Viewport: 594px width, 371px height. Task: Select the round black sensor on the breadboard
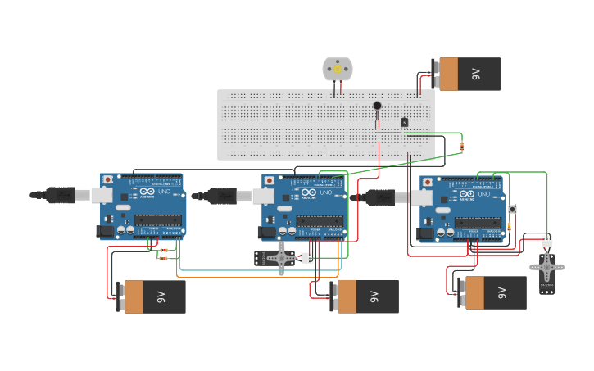tap(377, 106)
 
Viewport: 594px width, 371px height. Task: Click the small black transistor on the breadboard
tap(404, 122)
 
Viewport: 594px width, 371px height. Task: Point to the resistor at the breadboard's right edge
tap(461, 147)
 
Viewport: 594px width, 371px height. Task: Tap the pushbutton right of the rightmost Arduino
tap(512, 210)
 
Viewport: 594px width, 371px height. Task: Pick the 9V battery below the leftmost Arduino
tap(151, 296)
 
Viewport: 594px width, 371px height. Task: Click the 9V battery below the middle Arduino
tap(364, 296)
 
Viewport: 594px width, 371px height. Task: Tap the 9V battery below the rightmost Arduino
tap(492, 292)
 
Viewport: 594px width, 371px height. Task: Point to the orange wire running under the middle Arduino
tap(246, 276)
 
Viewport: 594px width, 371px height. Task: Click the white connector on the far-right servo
tap(546, 241)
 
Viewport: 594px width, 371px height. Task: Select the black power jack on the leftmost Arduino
tap(105, 232)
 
